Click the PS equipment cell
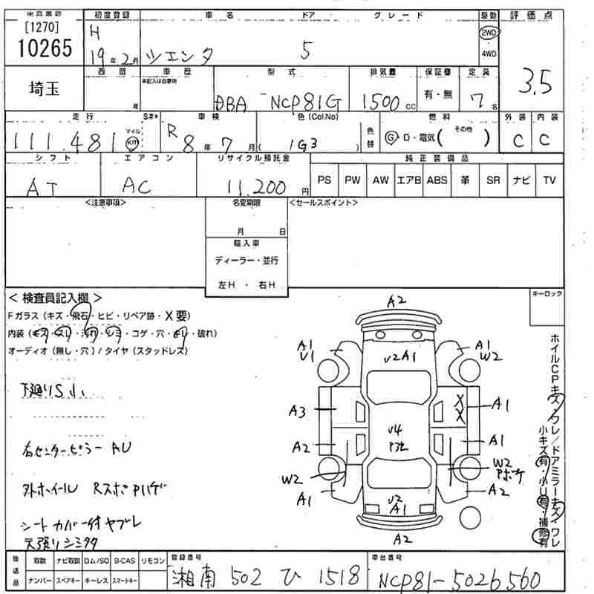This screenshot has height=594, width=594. (x=324, y=180)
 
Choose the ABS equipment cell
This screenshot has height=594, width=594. (x=437, y=180)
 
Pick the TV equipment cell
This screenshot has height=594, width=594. (x=549, y=180)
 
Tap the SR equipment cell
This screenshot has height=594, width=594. (x=493, y=180)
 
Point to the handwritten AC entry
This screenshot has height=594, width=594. (x=135, y=186)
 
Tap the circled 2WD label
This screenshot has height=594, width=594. (x=489, y=34)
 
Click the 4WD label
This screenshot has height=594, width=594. (x=489, y=53)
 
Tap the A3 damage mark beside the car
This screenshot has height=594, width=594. (x=298, y=410)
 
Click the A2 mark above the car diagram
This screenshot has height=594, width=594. (x=396, y=300)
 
